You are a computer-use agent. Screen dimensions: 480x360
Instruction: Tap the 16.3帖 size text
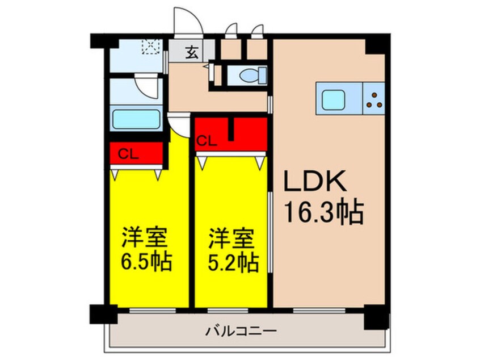tap(323, 214)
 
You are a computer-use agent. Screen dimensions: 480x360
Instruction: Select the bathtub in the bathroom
tap(136, 120)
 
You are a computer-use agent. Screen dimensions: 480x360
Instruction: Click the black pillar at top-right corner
tap(377, 43)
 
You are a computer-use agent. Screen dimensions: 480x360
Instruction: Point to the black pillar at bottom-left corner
tap(103, 314)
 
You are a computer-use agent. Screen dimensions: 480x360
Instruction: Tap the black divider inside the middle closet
tap(231, 129)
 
